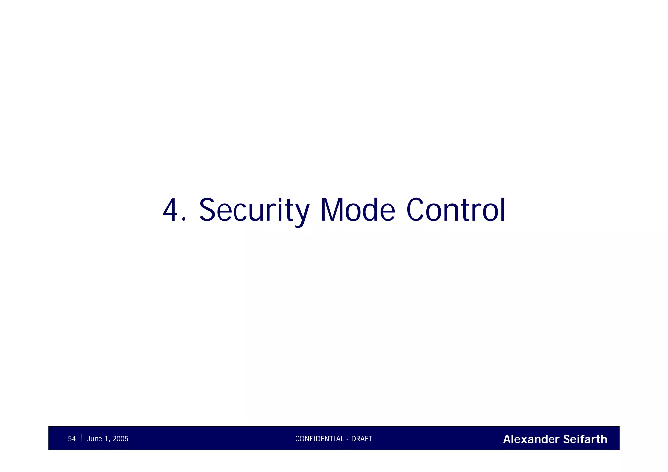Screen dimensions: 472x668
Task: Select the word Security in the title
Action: click(254, 210)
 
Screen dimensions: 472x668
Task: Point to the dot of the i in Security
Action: click(280, 199)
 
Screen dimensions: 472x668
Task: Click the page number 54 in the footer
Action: click(72, 439)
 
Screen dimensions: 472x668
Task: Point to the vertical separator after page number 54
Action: click(82, 438)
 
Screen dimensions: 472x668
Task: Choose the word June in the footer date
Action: click(95, 439)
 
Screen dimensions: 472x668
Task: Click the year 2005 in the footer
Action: click(120, 439)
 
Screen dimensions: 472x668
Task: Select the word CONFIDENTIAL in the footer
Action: click(319, 439)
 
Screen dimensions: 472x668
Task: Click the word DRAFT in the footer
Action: click(362, 439)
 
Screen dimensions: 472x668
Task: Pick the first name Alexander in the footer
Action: click(531, 439)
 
